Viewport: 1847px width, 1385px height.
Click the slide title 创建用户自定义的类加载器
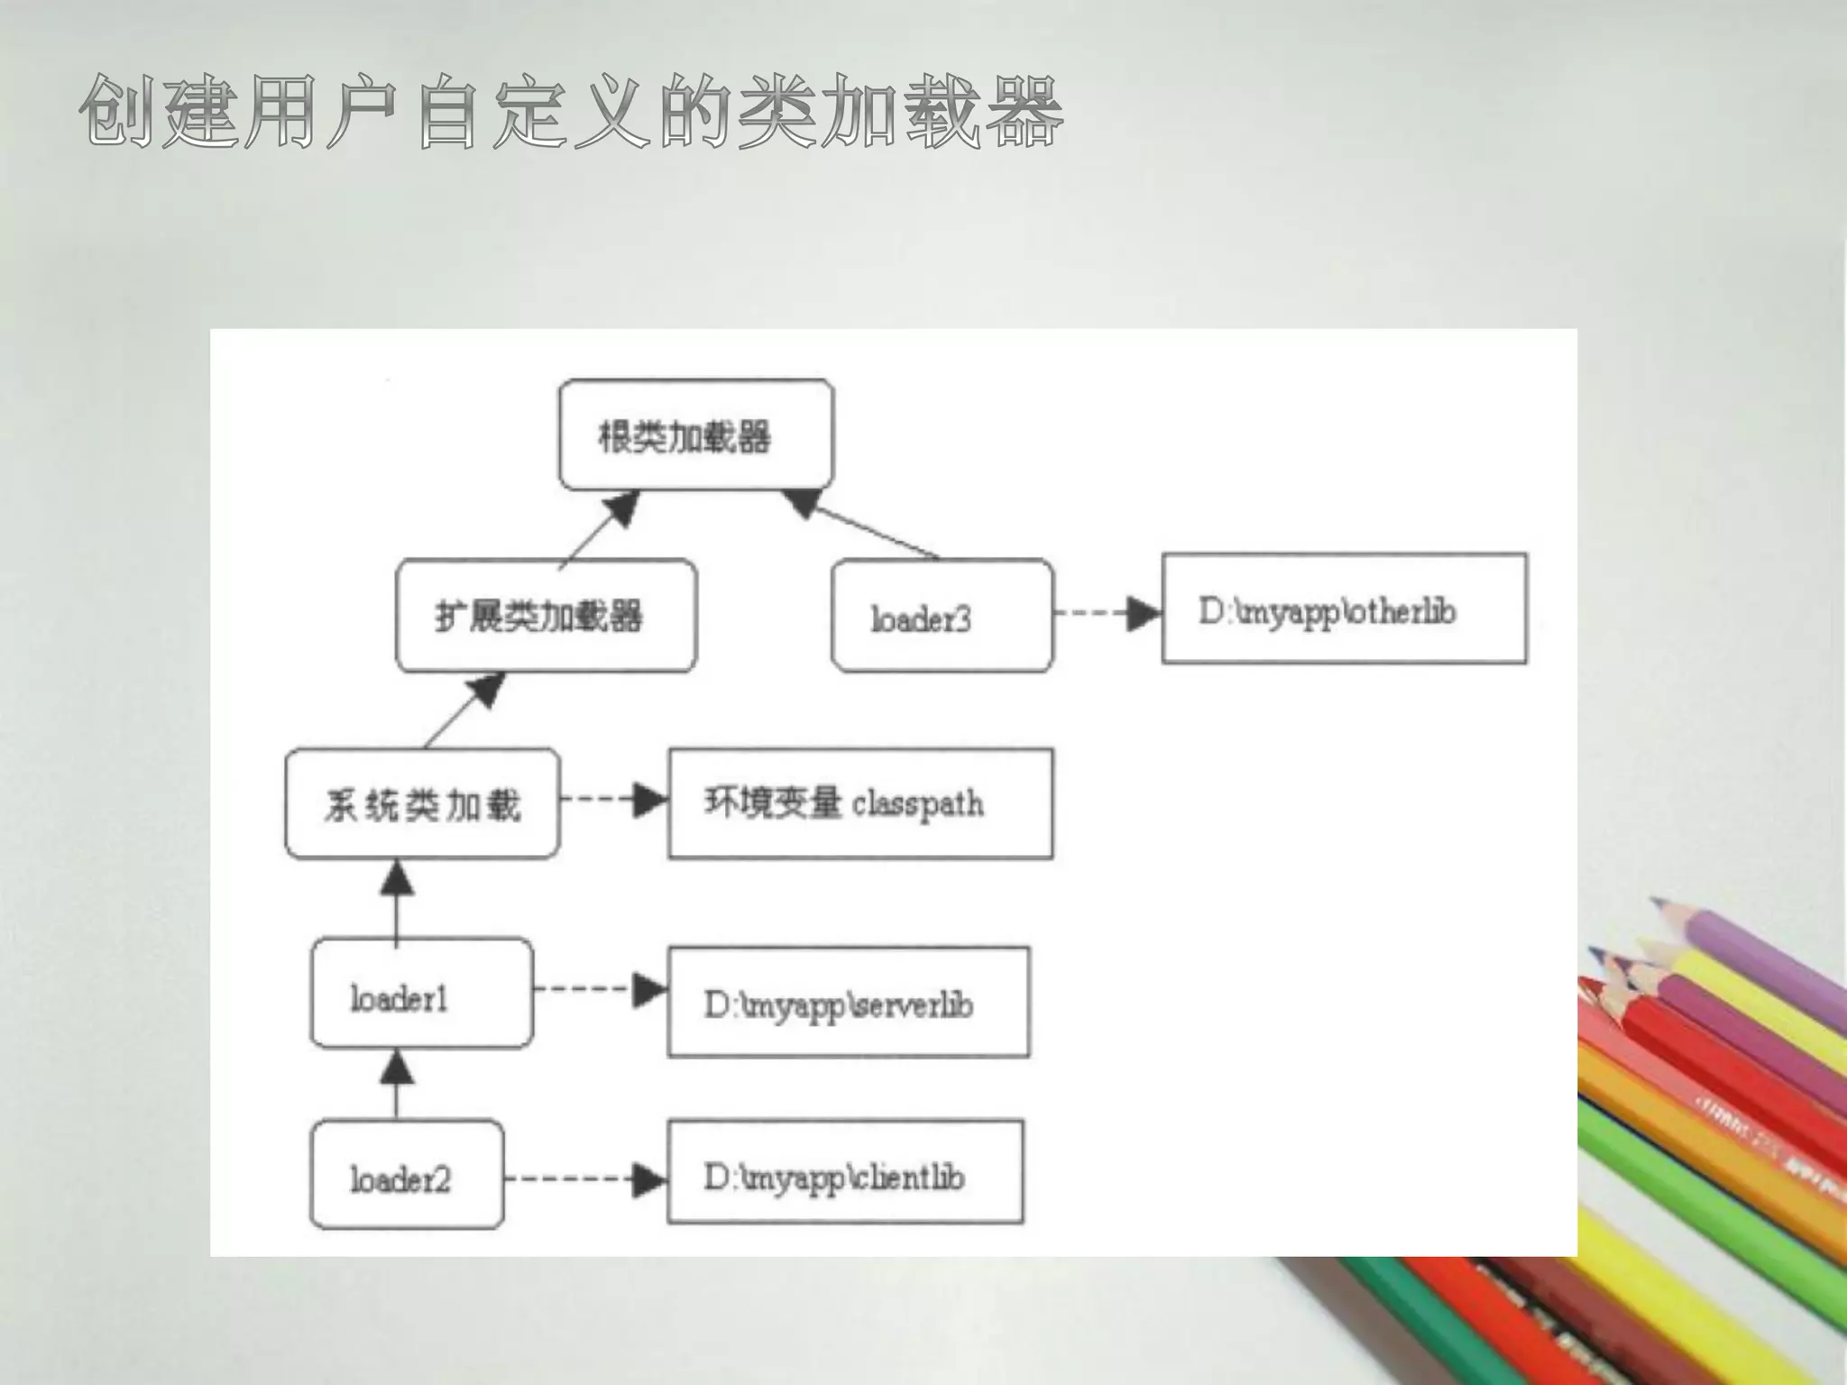pyautogui.click(x=571, y=112)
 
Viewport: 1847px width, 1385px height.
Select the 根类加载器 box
pyautogui.click(x=696, y=435)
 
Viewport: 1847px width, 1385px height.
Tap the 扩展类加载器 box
pyautogui.click(x=547, y=616)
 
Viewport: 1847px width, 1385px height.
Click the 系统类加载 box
pyautogui.click(x=422, y=803)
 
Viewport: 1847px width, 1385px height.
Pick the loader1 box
pyautogui.click(x=421, y=994)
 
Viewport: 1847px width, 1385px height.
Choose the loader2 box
pyautogui.click(x=407, y=1175)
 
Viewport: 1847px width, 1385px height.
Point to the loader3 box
pyautogui.click(x=942, y=616)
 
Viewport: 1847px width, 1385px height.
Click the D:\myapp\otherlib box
pyautogui.click(x=1344, y=609)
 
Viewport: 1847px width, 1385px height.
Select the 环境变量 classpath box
pyautogui.click(x=860, y=803)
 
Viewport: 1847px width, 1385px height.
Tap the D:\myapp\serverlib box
pyautogui.click(x=848, y=1002)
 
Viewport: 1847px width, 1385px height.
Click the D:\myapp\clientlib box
pyautogui.click(x=845, y=1172)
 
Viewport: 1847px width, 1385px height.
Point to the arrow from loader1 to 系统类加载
pyautogui.click(x=397, y=902)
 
